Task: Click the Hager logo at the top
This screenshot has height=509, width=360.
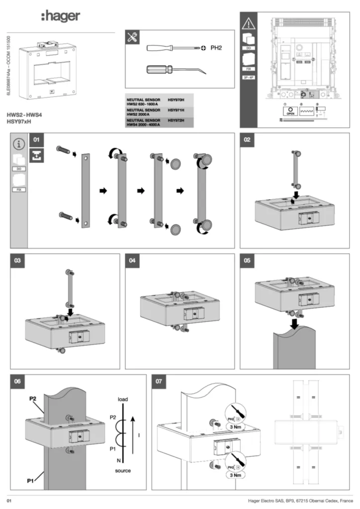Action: point(60,16)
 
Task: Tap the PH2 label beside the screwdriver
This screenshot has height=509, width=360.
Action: point(215,48)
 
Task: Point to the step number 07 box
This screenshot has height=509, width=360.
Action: point(159,382)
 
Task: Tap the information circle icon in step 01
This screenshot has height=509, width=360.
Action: point(19,144)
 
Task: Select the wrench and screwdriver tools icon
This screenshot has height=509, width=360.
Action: point(133,38)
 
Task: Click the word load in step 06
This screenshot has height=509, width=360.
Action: point(123,399)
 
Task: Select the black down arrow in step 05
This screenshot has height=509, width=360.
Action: point(295,324)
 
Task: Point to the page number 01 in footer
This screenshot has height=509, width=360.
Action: point(9,500)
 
